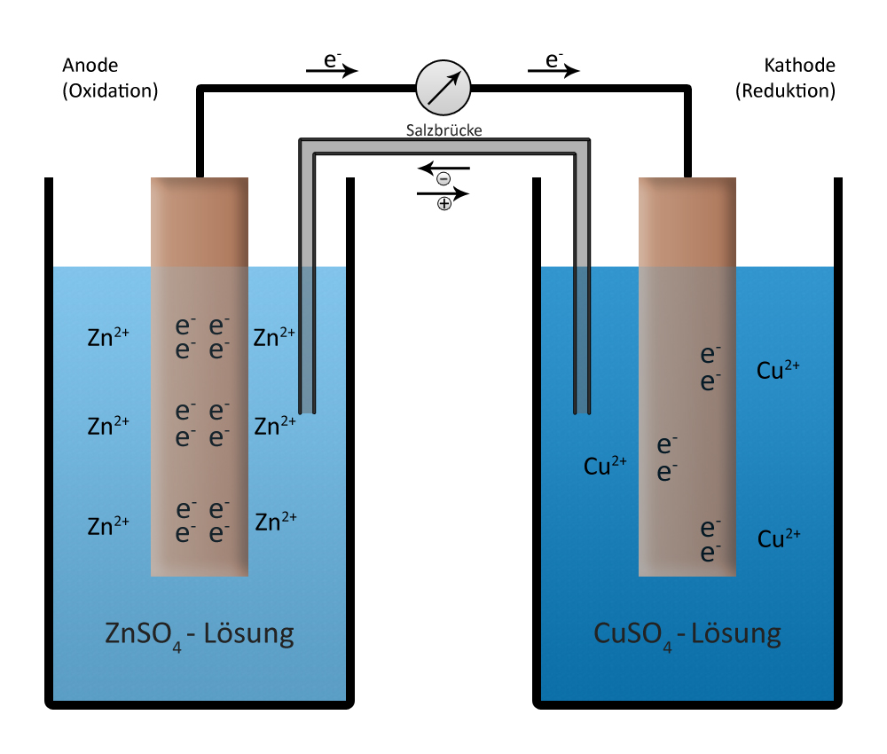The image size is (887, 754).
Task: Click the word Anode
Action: [90, 65]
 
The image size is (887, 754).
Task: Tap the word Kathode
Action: [799, 65]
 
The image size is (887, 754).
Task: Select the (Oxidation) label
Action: [110, 90]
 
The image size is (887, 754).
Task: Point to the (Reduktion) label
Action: [785, 90]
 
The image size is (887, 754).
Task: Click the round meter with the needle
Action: [443, 88]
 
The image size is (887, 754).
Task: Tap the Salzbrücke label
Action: [444, 130]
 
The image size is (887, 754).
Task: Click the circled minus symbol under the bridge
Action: [443, 179]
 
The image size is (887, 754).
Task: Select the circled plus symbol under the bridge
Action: [444, 204]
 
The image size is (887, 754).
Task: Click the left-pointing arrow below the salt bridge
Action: [443, 168]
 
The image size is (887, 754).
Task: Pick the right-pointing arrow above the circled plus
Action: [443, 193]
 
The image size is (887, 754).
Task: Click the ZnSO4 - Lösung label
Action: [199, 634]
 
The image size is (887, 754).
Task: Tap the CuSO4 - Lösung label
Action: [687, 634]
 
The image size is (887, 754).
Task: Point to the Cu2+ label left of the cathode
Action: [605, 466]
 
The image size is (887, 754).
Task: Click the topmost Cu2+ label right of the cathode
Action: [778, 370]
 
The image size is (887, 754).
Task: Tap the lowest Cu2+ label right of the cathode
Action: [779, 538]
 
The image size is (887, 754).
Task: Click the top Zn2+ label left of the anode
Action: [108, 336]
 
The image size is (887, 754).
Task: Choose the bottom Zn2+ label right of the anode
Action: [276, 522]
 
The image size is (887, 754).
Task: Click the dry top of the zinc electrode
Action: [199, 222]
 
